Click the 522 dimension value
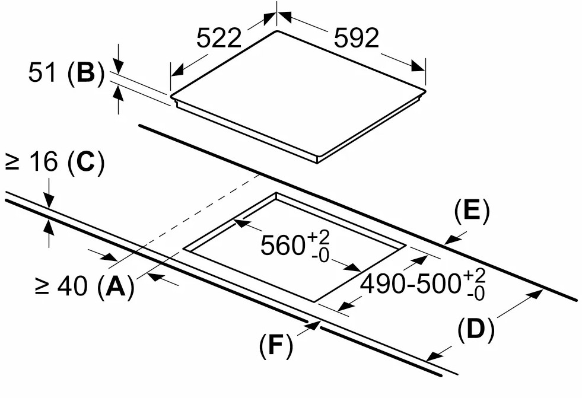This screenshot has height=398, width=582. point(219,38)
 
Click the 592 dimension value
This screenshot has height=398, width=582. point(357,38)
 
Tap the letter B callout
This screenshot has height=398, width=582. point(87,73)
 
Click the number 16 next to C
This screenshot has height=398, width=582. point(43,162)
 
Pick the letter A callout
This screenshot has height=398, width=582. point(116,286)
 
